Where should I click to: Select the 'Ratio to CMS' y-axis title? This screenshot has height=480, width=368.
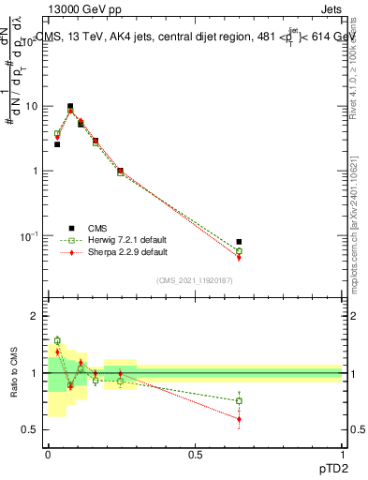pyautogui.click(x=14, y=373)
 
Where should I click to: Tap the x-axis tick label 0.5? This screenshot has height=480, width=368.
pyautogui.click(x=195, y=455)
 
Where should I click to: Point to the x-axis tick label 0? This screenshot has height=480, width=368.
pyautogui.click(x=48, y=455)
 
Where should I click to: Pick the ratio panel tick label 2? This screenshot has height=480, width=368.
pyautogui.click(x=35, y=317)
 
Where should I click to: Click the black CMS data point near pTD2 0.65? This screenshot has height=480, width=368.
pyautogui.click(x=239, y=242)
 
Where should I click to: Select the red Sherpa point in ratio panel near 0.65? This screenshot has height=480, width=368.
pyautogui.click(x=239, y=419)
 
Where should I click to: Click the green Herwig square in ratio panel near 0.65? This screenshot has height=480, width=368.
pyautogui.click(x=239, y=401)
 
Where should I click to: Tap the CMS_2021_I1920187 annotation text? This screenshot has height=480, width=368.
pyautogui.click(x=195, y=280)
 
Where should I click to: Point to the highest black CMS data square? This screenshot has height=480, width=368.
pyautogui.click(x=70, y=107)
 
